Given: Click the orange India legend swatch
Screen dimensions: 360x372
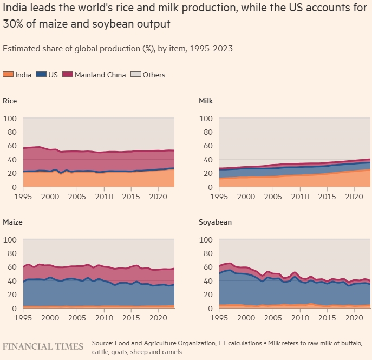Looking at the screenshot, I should coord(9,75).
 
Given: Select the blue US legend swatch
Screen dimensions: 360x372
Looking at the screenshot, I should coord(41,75).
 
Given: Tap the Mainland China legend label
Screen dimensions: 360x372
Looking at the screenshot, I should coord(100,75).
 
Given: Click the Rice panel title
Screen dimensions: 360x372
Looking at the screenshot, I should coord(10,101).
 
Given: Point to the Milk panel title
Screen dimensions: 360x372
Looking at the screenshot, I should coord(206,101).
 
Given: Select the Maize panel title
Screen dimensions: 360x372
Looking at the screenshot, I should coord(13,222).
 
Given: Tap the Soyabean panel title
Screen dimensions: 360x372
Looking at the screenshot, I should coord(216,222).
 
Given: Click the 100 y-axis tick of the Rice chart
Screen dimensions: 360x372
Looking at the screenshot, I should coord(10,118).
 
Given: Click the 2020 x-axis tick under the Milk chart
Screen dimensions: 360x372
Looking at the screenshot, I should coord(354,196).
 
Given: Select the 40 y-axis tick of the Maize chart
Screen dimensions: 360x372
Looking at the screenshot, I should coord(11,281).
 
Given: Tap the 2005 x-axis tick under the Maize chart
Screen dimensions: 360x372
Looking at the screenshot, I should coord(76,317).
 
